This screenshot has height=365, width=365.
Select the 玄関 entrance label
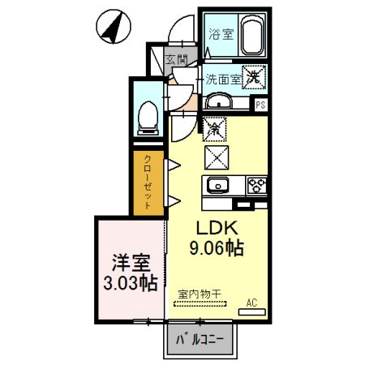click(x=177, y=60)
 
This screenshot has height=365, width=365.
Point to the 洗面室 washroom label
click(x=221, y=79)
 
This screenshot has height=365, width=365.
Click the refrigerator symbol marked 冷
click(x=214, y=127)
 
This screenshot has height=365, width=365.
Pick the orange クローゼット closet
click(x=149, y=182)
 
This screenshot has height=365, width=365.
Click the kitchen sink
click(x=218, y=186)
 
